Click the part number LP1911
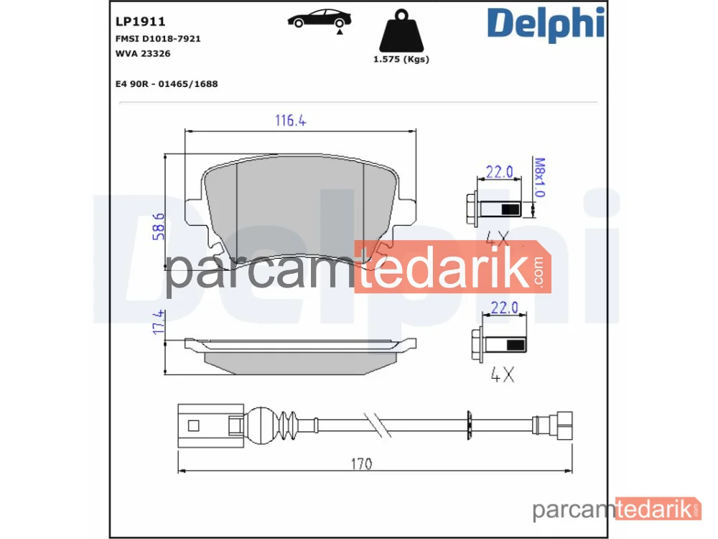coord(140,22)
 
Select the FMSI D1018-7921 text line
coord(158,39)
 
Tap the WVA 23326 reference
coord(143,54)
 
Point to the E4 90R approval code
coord(167,84)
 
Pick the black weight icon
coord(401,30)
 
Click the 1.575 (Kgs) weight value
coord(401,59)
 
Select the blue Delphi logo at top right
coord(546,24)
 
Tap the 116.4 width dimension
coord(290,121)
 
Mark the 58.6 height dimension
coord(159,226)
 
